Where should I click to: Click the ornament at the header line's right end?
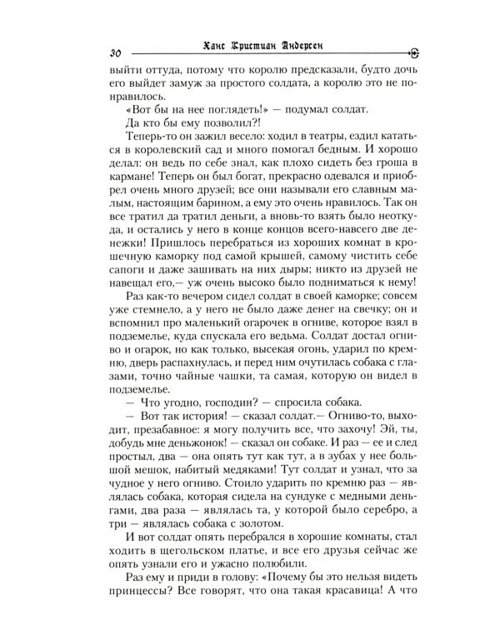pyautogui.click(x=413, y=52)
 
